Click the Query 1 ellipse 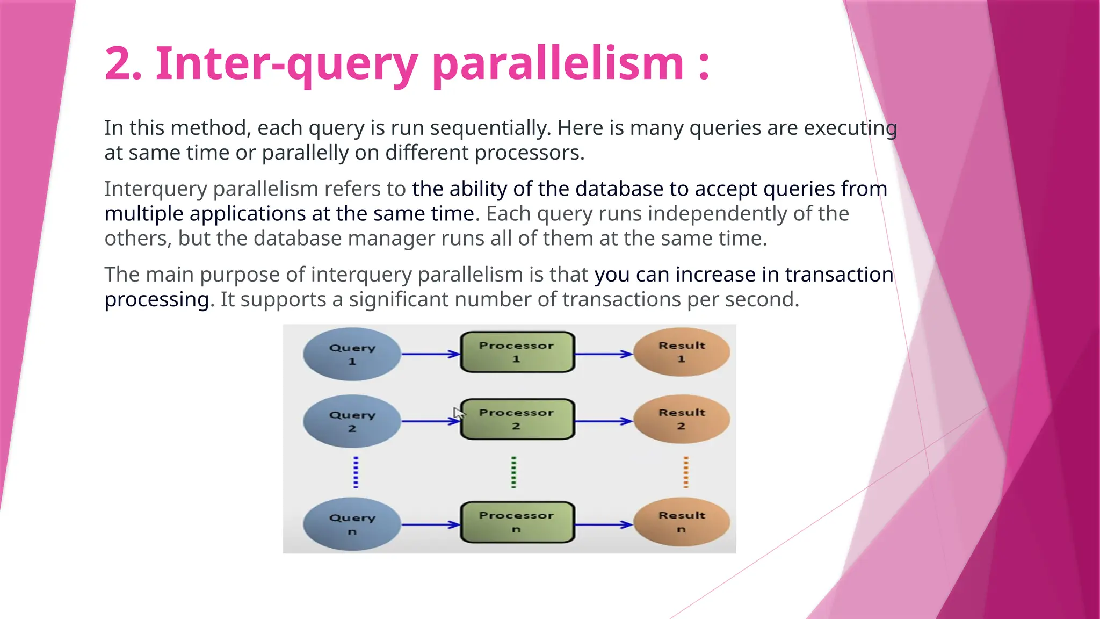coord(352,354)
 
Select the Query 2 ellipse coord(352,421)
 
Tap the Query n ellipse coord(352,524)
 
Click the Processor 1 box coord(517,352)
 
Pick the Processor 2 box coord(517,419)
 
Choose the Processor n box coord(517,522)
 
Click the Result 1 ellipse coord(682,352)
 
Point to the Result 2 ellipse coord(682,419)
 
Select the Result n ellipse coord(682,522)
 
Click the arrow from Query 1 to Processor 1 coord(430,354)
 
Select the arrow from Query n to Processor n coord(430,524)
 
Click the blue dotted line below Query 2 coord(356,472)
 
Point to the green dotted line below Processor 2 coord(514,472)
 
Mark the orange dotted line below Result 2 coord(686,472)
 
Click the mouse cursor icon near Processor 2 coord(458,413)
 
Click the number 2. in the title coord(123,64)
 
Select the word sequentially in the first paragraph coord(490,128)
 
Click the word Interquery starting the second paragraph coord(155,189)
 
